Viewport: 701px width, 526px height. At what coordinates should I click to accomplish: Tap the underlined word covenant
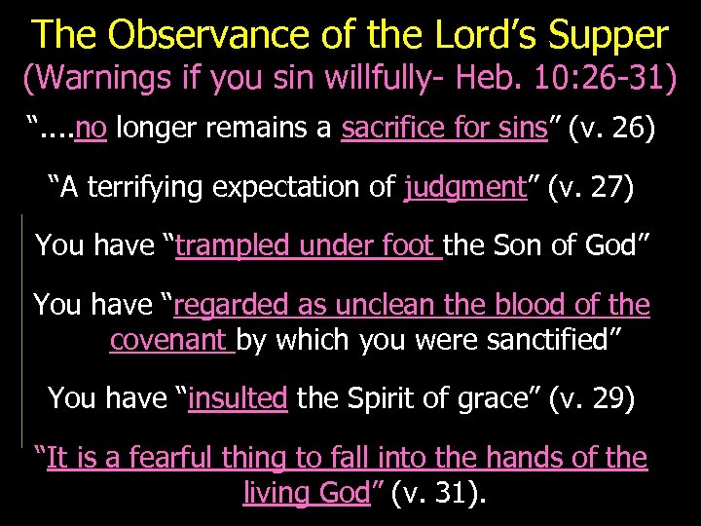pos(168,339)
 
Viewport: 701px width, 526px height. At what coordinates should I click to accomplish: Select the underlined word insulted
pos(238,397)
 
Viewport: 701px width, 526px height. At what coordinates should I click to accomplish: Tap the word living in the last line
pos(272,492)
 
